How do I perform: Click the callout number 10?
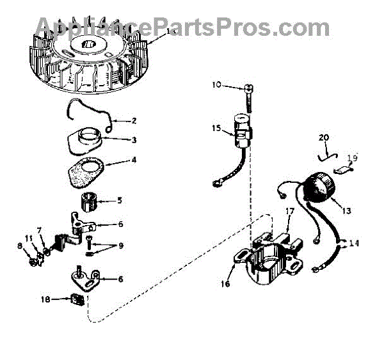(x=216, y=84)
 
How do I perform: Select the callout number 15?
(x=217, y=129)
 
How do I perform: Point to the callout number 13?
(x=346, y=210)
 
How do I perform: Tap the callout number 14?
(x=355, y=243)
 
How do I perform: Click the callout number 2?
(x=134, y=120)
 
